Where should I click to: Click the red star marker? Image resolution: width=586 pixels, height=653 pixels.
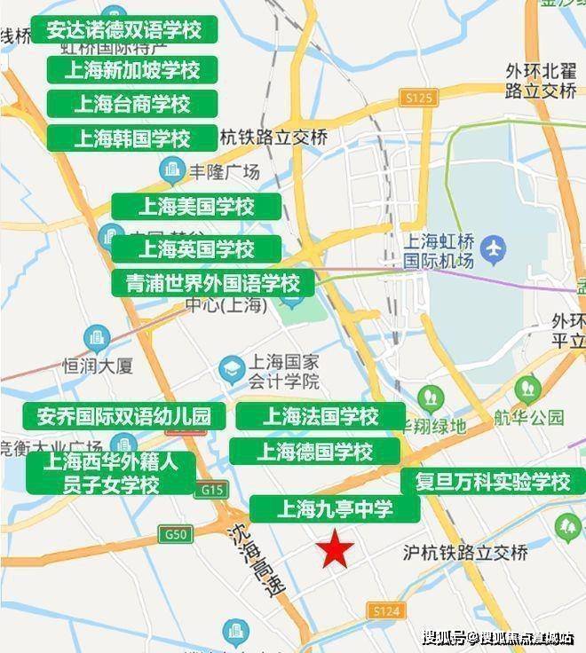coord(337,549)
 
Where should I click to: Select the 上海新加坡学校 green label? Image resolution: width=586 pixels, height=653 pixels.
coord(131,69)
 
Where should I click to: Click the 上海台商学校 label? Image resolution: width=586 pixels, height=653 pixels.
coord(131,104)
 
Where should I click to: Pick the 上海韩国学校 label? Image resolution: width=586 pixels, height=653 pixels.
coord(131,138)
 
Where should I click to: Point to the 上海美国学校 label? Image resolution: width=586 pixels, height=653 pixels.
coord(196,207)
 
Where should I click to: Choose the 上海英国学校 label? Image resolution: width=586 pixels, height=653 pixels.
coord(196,249)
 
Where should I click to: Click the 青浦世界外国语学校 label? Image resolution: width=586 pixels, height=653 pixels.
coord(212,284)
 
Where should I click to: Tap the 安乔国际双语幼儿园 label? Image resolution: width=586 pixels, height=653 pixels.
coord(124,416)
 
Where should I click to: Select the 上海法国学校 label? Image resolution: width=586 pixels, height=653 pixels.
coord(320,416)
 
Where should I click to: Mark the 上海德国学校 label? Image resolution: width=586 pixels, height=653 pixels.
coord(315,452)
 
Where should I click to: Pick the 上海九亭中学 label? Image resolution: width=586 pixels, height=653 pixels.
coord(334,509)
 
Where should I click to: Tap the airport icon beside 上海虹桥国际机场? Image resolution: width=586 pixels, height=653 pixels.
coord(489,251)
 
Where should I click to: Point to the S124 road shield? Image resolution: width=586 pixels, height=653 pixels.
coord(387,611)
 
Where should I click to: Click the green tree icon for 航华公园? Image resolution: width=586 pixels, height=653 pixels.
coord(528,388)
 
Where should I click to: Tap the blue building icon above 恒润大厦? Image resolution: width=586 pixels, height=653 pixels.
coord(96,338)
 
